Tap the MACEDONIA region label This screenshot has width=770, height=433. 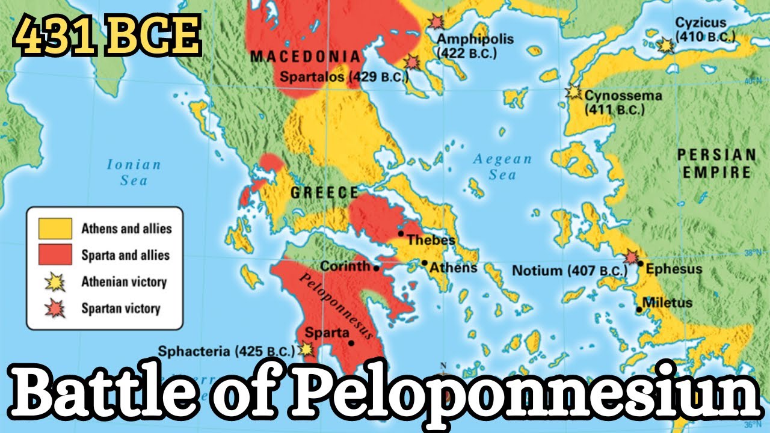[305, 57]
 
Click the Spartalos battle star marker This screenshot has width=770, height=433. [412, 61]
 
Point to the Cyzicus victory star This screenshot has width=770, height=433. [665, 45]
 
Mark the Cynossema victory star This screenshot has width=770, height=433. [574, 93]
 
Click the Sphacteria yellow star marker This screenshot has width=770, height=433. [307, 348]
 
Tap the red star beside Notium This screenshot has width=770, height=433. [631, 257]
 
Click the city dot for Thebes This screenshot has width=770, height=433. [401, 233]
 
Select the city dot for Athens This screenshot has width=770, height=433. [425, 263]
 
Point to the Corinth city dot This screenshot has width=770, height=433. [377, 268]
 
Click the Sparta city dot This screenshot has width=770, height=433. [351, 343]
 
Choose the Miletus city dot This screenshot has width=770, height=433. [639, 310]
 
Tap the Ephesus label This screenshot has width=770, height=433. [673, 268]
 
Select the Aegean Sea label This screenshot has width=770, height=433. [502, 167]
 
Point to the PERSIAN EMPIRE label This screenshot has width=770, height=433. [716, 164]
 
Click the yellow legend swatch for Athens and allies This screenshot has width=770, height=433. [55, 229]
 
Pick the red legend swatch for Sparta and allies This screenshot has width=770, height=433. [55, 255]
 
